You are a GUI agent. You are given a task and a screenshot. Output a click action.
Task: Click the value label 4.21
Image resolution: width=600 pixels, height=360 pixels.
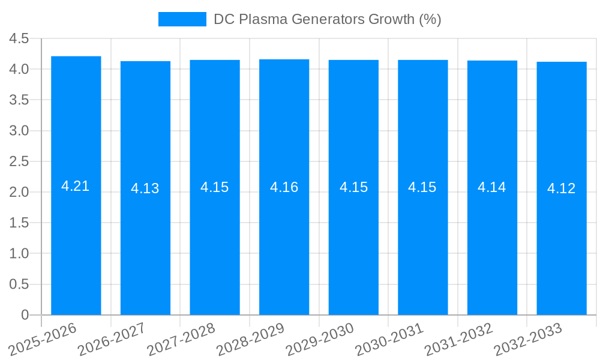(76, 186)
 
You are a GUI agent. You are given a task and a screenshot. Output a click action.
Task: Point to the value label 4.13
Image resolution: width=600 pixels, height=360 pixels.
(145, 188)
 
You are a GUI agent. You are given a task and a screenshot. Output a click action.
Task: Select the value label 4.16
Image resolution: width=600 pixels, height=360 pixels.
(284, 187)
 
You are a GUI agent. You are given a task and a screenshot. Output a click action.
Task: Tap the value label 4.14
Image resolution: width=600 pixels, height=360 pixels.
(492, 187)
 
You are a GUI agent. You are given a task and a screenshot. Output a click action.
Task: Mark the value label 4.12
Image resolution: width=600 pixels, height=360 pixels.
(562, 188)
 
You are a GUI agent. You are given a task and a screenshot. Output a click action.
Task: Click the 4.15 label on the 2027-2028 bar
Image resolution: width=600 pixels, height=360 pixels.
(215, 187)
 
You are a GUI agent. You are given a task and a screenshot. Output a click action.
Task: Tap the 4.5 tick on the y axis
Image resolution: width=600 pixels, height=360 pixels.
(19, 38)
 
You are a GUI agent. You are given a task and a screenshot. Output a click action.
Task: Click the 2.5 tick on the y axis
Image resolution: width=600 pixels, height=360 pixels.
(19, 161)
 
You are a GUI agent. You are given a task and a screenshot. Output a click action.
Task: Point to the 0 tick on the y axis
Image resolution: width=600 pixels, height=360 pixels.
(25, 315)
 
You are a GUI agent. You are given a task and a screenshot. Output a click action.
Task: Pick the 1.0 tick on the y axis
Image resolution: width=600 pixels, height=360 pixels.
(19, 254)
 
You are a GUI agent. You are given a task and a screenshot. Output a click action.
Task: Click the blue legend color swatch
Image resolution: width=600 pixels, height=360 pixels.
(182, 19)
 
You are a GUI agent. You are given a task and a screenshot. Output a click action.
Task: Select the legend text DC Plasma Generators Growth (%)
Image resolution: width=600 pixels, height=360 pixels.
(328, 19)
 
